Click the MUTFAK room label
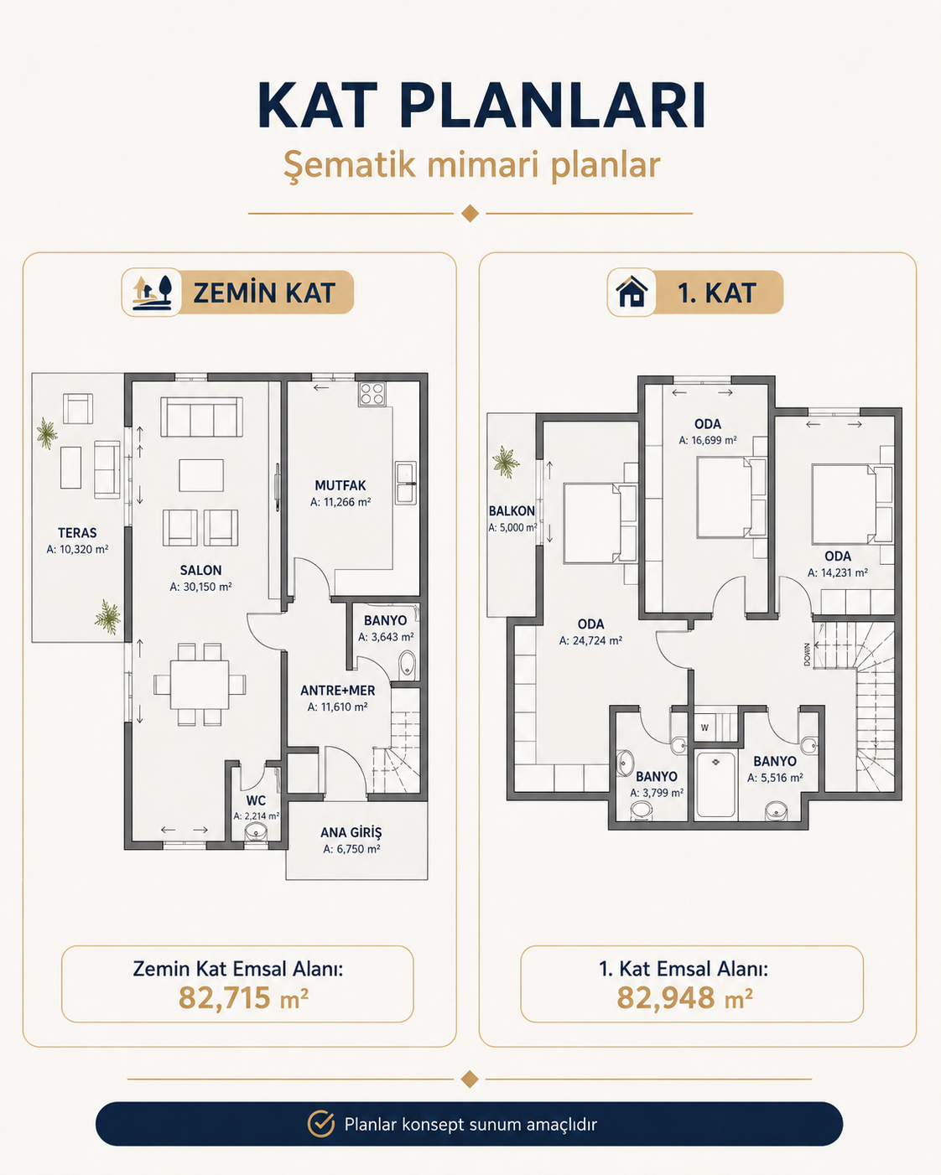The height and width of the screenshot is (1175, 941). pyautogui.click(x=340, y=485)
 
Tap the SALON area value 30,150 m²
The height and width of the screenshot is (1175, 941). pyautogui.click(x=200, y=587)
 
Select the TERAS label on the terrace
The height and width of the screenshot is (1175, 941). pyautogui.click(x=77, y=533)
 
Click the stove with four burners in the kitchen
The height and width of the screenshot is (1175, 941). pyautogui.click(x=372, y=394)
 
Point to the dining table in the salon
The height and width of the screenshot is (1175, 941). pyautogui.click(x=200, y=685)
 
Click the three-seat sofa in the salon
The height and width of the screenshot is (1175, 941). pyautogui.click(x=201, y=417)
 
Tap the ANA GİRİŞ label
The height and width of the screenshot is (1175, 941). pyautogui.click(x=351, y=833)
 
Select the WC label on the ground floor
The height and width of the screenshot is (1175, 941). pyautogui.click(x=256, y=800)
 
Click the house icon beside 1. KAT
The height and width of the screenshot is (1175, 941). pyautogui.click(x=632, y=292)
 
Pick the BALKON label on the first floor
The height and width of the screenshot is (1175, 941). pyautogui.click(x=512, y=511)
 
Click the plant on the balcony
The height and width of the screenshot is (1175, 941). pyautogui.click(x=506, y=462)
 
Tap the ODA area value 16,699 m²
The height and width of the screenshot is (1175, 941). pyautogui.click(x=708, y=440)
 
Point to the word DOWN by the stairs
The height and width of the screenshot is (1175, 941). pyautogui.click(x=807, y=654)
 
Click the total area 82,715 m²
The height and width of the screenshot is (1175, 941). pyautogui.click(x=243, y=997)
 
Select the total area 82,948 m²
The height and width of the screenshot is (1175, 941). pyautogui.click(x=684, y=997)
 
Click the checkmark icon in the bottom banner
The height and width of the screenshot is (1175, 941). pyautogui.click(x=320, y=1124)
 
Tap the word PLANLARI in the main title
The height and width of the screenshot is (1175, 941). pyautogui.click(x=553, y=106)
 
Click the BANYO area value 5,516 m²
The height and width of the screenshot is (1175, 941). pyautogui.click(x=775, y=778)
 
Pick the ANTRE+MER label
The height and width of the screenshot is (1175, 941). pyautogui.click(x=338, y=691)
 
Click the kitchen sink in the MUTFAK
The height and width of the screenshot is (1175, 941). pyautogui.click(x=405, y=483)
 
